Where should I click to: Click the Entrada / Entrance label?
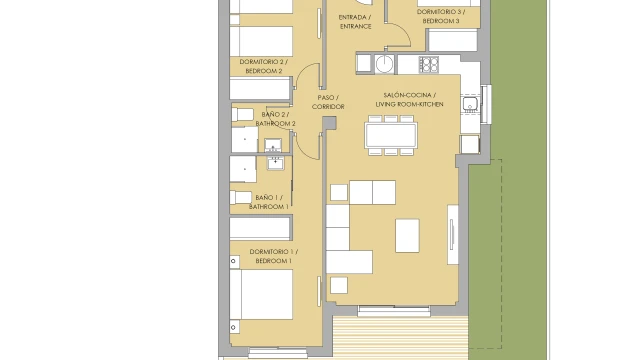355,22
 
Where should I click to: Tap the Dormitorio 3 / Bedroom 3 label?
441,16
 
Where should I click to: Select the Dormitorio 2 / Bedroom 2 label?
264,66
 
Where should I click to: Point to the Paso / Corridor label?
328,102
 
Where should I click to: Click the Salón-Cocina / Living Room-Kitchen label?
409,100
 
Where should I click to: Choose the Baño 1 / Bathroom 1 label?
269,202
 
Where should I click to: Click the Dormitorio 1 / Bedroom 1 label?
273,256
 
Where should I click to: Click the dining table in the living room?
391,135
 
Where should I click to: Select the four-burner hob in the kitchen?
429,64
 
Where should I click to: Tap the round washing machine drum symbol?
384,64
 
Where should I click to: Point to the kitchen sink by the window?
470,104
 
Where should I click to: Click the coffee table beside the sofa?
407,236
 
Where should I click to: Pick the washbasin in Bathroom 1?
276,163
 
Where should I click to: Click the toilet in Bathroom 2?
242,114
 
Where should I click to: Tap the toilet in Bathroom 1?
240,198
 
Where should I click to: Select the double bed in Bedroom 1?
261,294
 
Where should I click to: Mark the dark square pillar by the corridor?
329,122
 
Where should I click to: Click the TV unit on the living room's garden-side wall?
453,234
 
